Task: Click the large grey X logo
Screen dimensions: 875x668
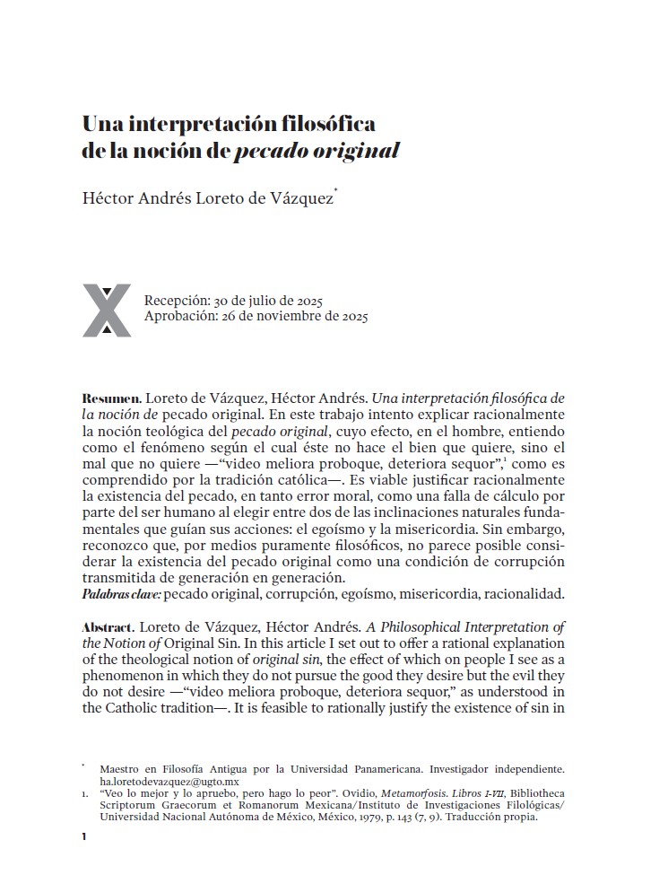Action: tap(107, 311)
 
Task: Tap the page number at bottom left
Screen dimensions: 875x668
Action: tap(83, 836)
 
